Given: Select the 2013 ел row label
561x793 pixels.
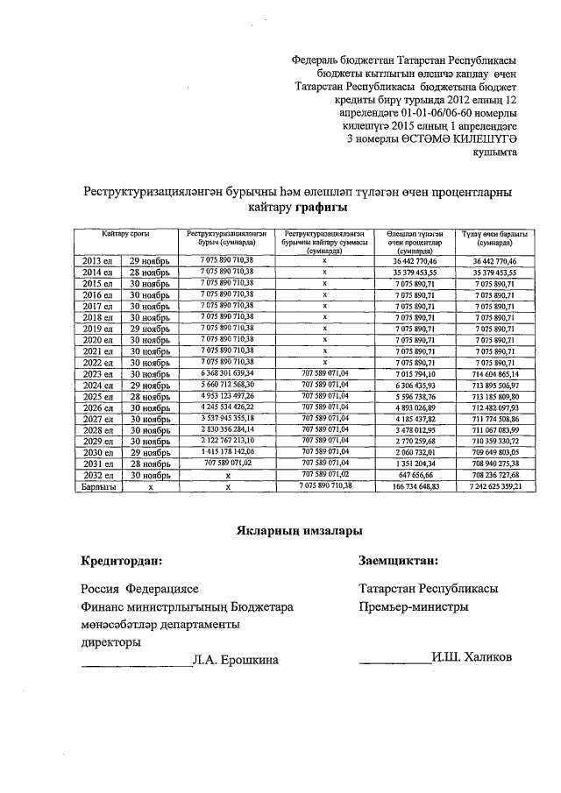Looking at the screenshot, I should (96, 261).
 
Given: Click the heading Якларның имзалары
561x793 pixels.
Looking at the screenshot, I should (298, 530).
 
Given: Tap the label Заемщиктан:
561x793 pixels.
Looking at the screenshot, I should (399, 560).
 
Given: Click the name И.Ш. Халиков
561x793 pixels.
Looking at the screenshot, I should (472, 659).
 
